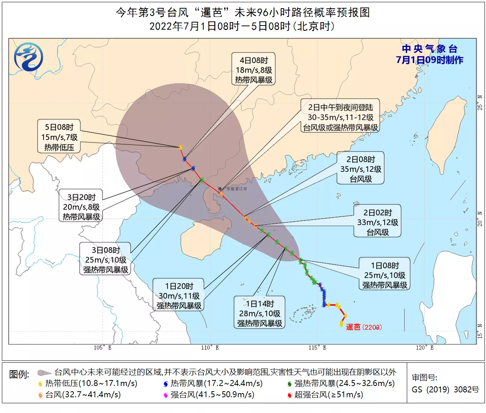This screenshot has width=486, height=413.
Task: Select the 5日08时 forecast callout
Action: tap(59, 137)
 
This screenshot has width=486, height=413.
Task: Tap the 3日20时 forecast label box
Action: tap(81, 207)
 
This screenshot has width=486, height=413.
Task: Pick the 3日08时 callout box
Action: tap(105, 260)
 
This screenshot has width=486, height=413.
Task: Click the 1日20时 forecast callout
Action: tap(179, 296)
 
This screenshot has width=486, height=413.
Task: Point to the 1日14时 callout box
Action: tap(259, 313)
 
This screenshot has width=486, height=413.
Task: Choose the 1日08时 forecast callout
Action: tap(384, 275)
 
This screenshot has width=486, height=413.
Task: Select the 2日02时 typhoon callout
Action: tap(377, 222)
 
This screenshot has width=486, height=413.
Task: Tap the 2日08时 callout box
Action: tap(360, 169)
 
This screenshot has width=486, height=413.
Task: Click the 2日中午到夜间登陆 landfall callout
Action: tap(340, 117)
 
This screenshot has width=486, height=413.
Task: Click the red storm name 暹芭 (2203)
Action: tap(363, 327)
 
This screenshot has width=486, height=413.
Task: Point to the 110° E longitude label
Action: tap(209, 348)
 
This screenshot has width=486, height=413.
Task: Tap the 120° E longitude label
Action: tap(424, 348)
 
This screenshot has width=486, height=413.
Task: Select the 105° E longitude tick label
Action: tap(102, 348)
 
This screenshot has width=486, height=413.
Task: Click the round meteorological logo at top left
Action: tap(29, 57)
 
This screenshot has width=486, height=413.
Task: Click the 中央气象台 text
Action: tap(429, 49)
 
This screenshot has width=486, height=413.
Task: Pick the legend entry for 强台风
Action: tap(209, 395)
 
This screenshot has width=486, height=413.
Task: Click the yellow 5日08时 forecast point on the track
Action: tap(181, 147)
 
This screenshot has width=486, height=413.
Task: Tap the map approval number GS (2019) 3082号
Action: tap(445, 389)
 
